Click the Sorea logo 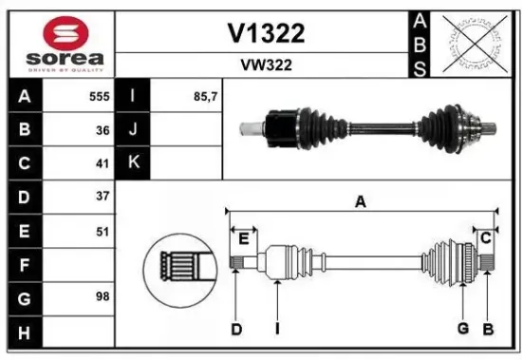[59, 43]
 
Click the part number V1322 [266, 34]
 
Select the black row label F [24, 262]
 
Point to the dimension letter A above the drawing [361, 200]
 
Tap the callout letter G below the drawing [463, 329]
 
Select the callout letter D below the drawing [236, 329]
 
